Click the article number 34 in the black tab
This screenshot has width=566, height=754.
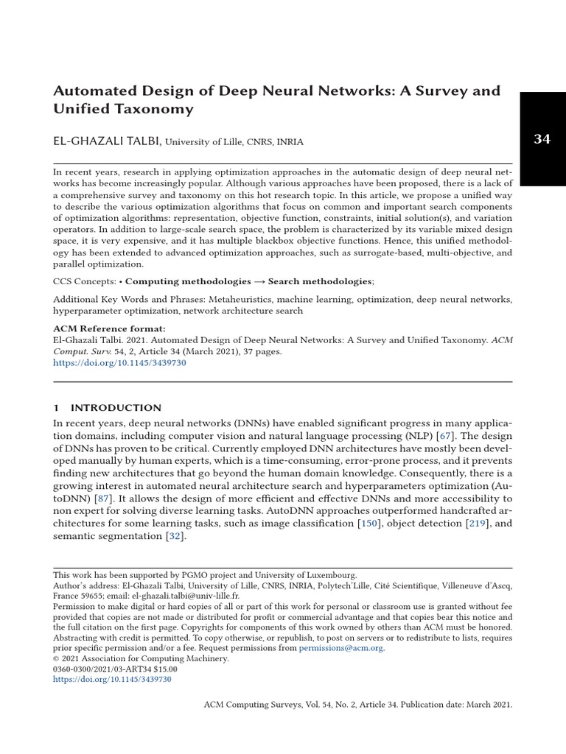542,139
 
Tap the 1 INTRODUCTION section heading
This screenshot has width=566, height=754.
108,407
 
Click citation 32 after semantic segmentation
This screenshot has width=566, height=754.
175,536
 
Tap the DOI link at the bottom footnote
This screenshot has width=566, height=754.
113,679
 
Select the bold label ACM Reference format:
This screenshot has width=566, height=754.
110,328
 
